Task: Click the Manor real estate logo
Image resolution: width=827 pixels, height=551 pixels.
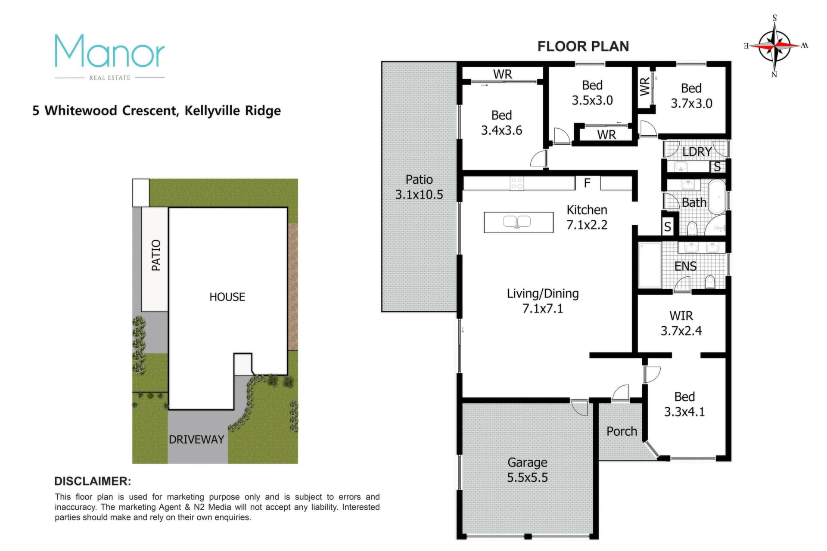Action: click(110, 57)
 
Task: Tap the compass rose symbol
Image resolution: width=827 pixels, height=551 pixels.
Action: click(774, 45)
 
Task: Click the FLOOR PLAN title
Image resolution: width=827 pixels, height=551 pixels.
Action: click(583, 46)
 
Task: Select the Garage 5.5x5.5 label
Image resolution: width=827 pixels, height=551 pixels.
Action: click(527, 470)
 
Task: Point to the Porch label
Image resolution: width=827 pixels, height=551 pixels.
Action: click(622, 431)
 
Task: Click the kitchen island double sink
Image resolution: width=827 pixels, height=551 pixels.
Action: click(517, 221)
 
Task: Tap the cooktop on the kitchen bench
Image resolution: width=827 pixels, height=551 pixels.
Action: click(517, 183)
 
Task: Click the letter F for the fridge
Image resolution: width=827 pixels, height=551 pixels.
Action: click(587, 183)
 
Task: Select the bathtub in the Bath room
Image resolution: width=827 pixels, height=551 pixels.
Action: click(717, 197)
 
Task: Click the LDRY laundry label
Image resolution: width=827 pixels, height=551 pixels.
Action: click(697, 152)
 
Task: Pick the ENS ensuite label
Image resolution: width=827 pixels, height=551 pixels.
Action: click(685, 266)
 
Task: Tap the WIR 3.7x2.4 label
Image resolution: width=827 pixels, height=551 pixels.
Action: click(681, 323)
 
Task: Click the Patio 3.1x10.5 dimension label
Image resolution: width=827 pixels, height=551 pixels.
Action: click(419, 187)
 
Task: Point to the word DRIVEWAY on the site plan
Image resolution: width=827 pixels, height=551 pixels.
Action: click(196, 440)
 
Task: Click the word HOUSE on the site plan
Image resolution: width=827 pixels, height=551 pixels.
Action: click(227, 297)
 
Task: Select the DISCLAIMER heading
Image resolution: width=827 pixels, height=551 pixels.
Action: click(93, 481)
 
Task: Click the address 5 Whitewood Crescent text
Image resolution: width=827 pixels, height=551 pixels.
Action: click(106, 111)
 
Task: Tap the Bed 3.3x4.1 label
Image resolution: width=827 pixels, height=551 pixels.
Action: click(684, 404)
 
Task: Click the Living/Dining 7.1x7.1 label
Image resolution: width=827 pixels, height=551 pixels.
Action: click(543, 301)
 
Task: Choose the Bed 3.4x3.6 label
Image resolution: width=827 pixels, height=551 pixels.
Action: click(501, 123)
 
